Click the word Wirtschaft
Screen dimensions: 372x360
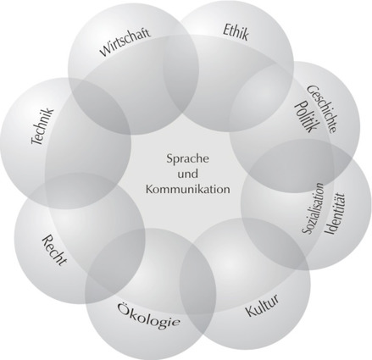125,42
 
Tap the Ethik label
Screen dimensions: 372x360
236,32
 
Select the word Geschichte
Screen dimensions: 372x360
322,108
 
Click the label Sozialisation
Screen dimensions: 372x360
313,208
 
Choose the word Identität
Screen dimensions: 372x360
335,213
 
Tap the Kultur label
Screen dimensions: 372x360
263,305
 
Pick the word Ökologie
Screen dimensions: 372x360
149,315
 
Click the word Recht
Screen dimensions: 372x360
55,250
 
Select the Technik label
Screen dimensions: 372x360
42,126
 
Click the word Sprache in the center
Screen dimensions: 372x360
187,159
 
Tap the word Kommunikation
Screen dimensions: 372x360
187,189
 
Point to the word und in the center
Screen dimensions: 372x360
187,174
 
